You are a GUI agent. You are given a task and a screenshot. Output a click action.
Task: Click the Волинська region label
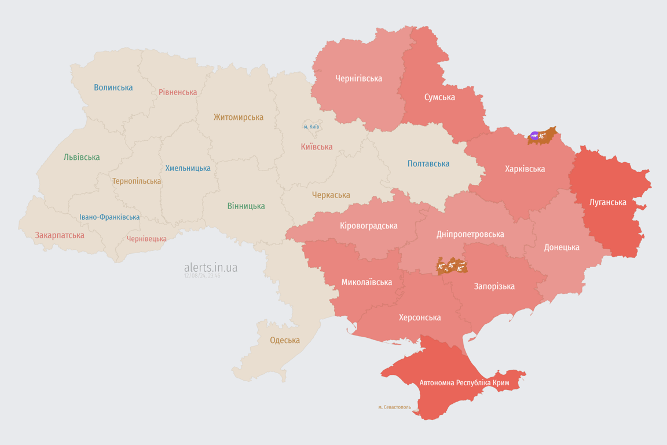pos(113,87)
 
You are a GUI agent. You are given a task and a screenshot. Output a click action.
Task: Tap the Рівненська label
pos(178,92)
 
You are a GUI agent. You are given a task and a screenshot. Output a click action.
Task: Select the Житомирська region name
pos(238,117)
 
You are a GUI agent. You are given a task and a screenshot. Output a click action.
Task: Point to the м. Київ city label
pos(311,126)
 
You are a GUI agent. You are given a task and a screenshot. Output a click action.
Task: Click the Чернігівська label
pos(358,78)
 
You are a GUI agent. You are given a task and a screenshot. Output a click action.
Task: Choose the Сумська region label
pos(439,97)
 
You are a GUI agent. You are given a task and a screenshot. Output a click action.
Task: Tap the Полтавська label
pos(428,163)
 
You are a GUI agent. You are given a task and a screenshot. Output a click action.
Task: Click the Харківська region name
pos(525,169)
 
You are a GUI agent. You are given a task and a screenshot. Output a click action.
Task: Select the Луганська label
pos(607,202)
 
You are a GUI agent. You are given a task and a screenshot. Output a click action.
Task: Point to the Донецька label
pos(561,247)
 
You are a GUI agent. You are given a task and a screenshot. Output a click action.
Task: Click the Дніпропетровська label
pos(470,234)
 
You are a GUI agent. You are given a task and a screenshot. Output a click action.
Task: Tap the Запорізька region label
pos(494,286)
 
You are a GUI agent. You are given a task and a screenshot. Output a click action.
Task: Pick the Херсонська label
pos(419,317)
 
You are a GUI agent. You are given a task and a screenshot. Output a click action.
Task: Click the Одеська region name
pos(285,340)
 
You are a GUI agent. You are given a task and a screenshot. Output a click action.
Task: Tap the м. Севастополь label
pos(394,407)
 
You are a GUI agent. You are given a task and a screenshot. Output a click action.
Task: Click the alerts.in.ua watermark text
pos(210,267)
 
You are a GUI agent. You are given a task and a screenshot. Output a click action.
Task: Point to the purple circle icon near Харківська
pos(534,136)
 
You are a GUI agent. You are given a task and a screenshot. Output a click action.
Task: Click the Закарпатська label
pos(60,235)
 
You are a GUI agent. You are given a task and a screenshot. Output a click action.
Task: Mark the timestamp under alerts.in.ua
pos(202,276)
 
